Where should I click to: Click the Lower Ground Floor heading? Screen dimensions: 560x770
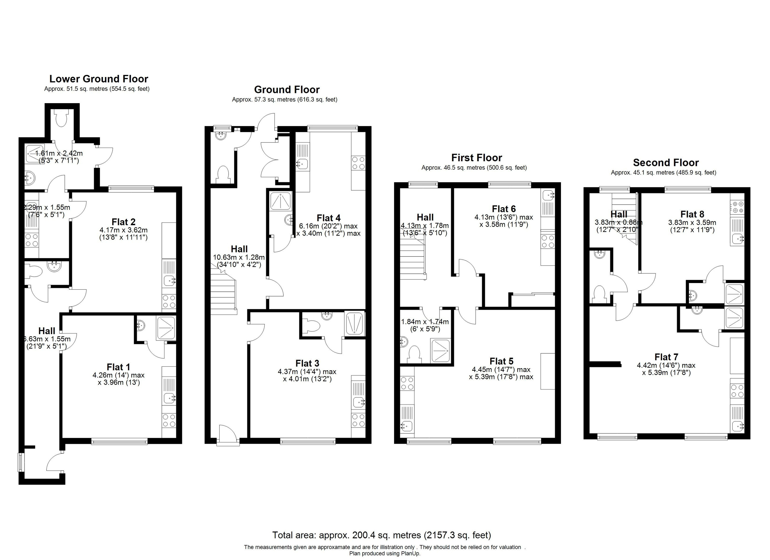[98, 79]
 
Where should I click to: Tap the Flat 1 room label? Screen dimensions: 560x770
[118, 367]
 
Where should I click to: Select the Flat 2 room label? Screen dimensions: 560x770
[124, 222]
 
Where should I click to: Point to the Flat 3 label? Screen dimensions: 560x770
[307, 363]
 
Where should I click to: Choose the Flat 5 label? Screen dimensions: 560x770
[501, 361]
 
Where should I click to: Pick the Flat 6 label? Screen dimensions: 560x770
[504, 209]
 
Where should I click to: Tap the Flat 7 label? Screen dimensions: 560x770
[666, 357]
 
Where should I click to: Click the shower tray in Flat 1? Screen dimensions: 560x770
[166, 328]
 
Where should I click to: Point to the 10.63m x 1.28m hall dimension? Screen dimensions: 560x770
[239, 261]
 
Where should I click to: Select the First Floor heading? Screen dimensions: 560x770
[476, 158]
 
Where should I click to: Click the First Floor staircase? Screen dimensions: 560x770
[412, 260]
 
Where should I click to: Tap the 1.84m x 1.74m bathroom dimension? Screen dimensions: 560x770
[425, 325]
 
